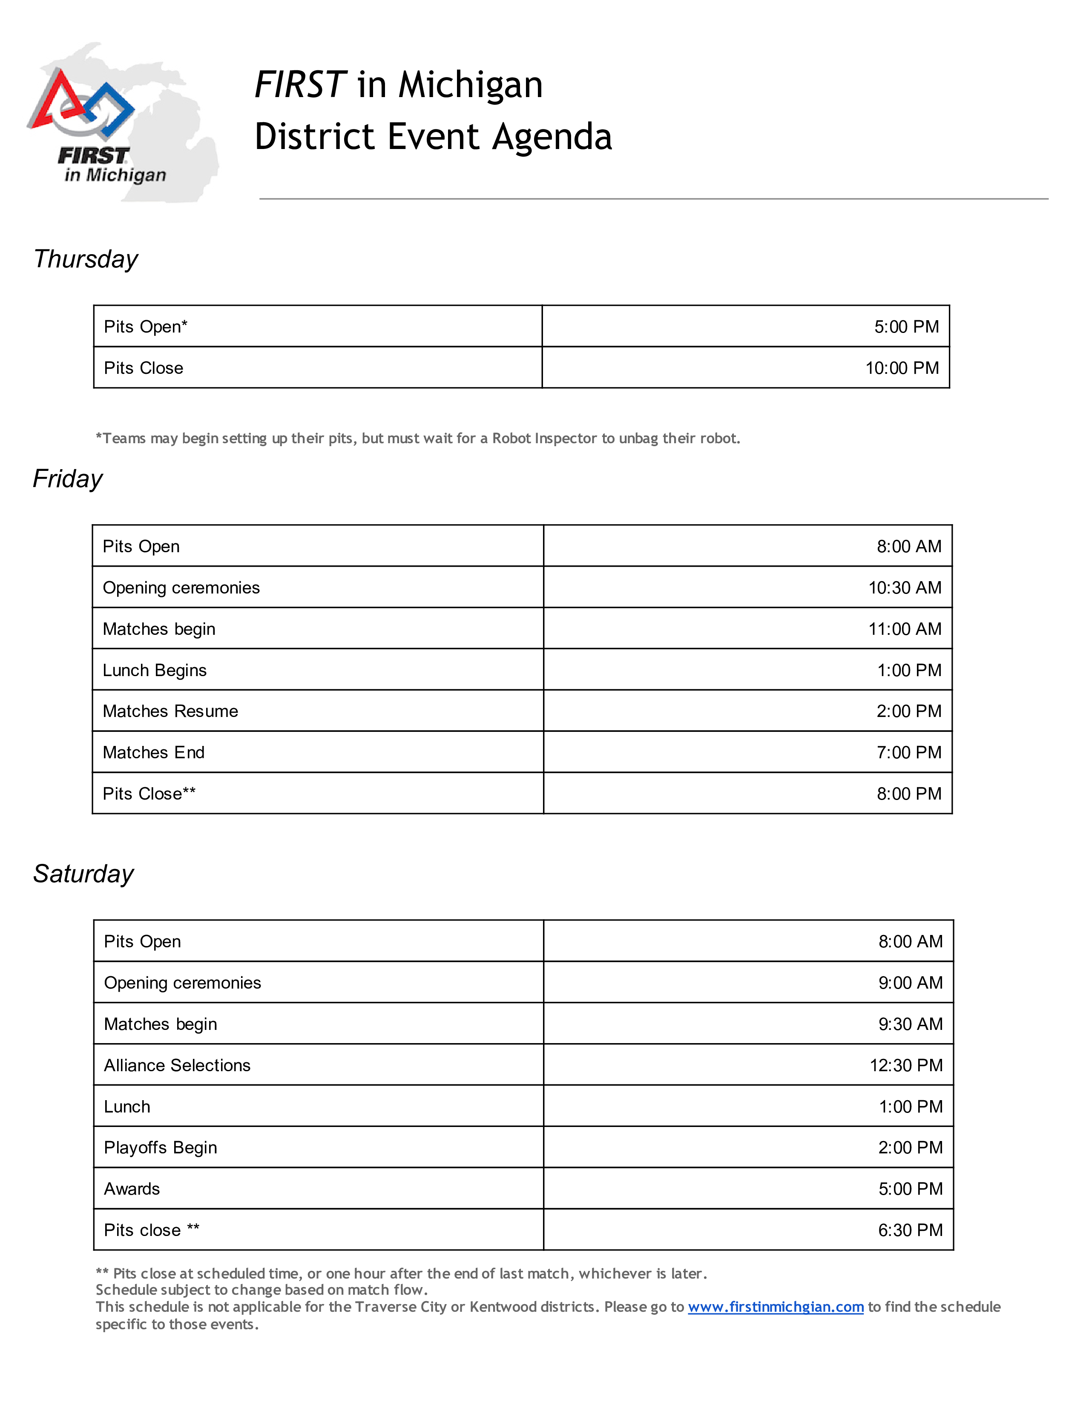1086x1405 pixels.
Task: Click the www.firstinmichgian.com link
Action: coord(775,1307)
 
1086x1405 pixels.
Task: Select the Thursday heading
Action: coord(86,259)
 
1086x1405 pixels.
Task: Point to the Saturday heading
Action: coord(83,874)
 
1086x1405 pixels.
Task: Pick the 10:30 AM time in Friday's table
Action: coord(905,588)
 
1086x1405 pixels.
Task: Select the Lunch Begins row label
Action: coord(155,670)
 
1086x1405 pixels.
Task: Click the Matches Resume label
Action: coord(170,711)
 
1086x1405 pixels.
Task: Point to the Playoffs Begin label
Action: coord(160,1148)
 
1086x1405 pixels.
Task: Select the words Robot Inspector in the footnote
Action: coord(544,438)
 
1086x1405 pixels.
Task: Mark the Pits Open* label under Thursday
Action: coord(145,327)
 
